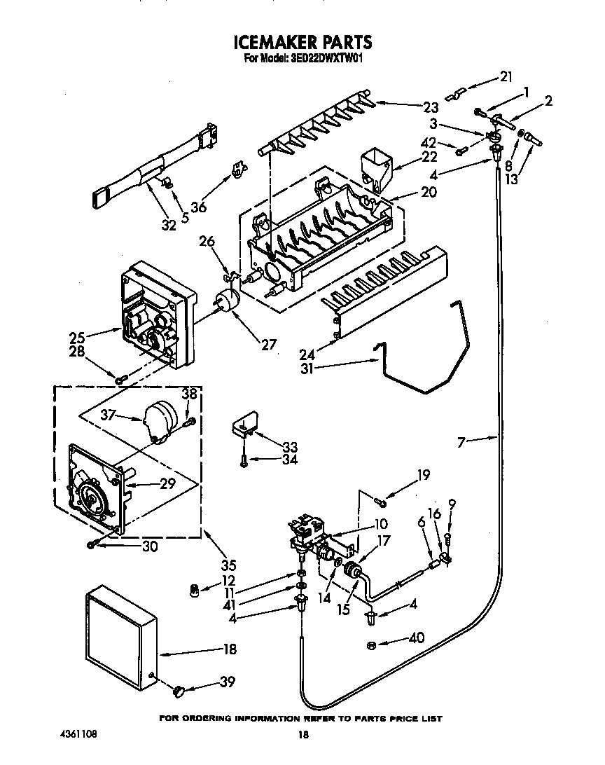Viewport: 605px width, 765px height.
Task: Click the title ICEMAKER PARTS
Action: pyautogui.click(x=302, y=43)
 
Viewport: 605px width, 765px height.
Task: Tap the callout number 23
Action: pyautogui.click(x=430, y=107)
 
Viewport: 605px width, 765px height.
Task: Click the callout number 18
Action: pyautogui.click(x=229, y=649)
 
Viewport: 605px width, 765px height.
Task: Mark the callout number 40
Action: pyautogui.click(x=416, y=638)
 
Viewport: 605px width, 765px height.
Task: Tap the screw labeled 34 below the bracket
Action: pyautogui.click(x=243, y=460)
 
